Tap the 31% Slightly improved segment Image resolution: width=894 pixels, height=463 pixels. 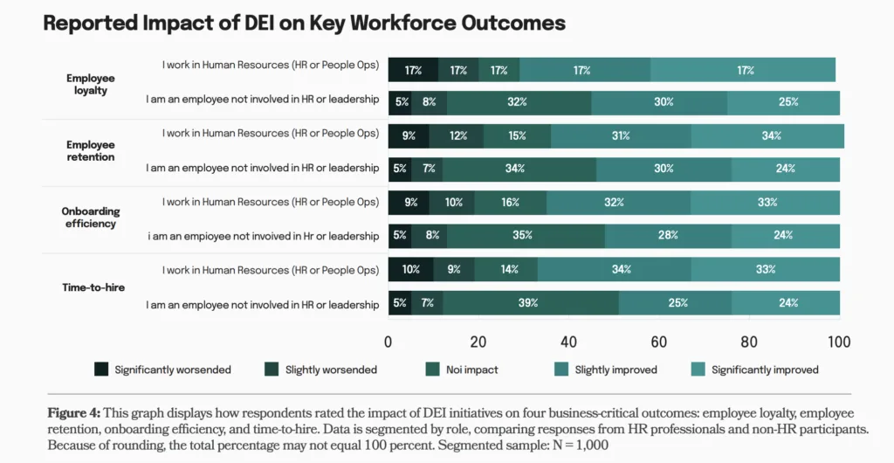(621, 136)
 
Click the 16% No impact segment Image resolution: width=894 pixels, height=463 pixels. (510, 203)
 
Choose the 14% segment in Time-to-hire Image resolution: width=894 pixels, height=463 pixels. (505, 269)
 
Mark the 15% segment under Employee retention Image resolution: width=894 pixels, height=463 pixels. (517, 136)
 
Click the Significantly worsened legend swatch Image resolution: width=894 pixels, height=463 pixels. (101, 370)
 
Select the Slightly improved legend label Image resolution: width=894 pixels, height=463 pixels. (615, 370)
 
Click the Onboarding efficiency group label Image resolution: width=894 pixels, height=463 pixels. (91, 218)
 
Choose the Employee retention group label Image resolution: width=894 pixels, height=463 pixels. (91, 151)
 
